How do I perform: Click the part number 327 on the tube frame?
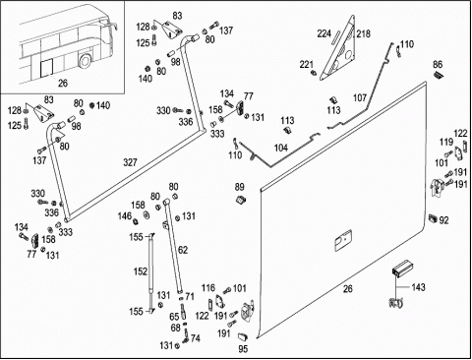coord(130,162)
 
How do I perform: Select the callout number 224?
coord(324,33)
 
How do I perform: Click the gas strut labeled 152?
coord(150,272)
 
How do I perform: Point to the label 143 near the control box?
coord(418,287)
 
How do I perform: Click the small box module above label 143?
coord(402,270)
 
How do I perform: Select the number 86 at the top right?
coord(438,64)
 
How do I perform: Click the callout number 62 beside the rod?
coord(183,250)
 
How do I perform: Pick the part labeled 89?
coord(242,199)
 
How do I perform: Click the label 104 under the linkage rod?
coord(281,148)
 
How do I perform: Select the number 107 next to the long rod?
coord(360,97)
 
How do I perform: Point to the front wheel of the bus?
coord(86,61)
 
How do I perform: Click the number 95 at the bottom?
coord(243,349)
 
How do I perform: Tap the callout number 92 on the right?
coord(443,220)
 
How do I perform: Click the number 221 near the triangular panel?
coord(307,65)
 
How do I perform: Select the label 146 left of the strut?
coord(125,216)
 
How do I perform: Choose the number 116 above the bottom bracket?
coord(208,288)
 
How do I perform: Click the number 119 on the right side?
coord(446,143)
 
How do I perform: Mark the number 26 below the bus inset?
coord(63,83)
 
